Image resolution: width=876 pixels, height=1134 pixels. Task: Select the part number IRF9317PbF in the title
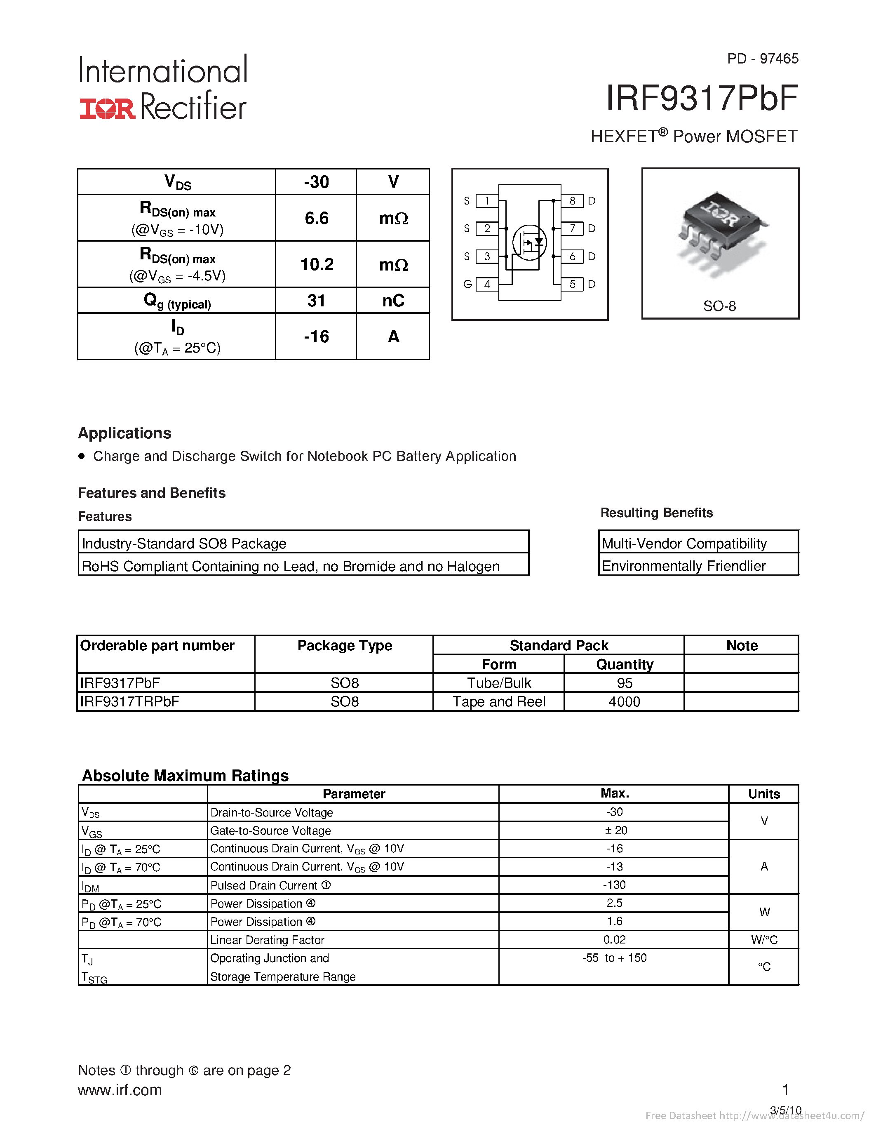pyautogui.click(x=702, y=98)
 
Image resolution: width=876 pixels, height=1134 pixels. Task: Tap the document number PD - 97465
pyautogui.click(x=762, y=59)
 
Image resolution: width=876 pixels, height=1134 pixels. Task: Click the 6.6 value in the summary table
pyautogui.click(x=316, y=218)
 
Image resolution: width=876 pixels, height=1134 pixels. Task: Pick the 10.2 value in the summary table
pyautogui.click(x=317, y=264)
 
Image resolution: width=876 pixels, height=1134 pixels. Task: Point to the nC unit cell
pyautogui.click(x=393, y=301)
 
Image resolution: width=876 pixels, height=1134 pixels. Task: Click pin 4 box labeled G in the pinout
pyautogui.click(x=487, y=284)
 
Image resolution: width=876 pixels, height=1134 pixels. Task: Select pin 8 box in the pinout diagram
pyautogui.click(x=572, y=201)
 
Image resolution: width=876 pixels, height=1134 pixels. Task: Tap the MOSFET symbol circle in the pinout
pyautogui.click(x=529, y=242)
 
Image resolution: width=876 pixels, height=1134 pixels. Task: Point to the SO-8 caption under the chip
pyautogui.click(x=719, y=306)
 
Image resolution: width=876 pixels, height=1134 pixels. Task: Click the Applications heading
pyautogui.click(x=124, y=433)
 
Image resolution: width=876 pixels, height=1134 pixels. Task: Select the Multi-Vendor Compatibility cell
pyautogui.click(x=684, y=543)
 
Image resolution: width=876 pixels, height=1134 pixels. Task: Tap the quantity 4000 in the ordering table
pyautogui.click(x=624, y=701)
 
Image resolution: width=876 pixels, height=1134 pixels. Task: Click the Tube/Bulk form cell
pyautogui.click(x=499, y=683)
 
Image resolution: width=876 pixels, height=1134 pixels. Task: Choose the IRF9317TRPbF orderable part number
pyautogui.click(x=130, y=701)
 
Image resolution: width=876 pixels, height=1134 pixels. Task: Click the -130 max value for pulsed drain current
pyautogui.click(x=615, y=885)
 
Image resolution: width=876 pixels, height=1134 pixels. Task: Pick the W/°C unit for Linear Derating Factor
pyautogui.click(x=764, y=940)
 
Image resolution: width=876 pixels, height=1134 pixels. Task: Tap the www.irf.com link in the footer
pyautogui.click(x=120, y=1090)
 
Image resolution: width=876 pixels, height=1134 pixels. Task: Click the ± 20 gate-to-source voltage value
pyautogui.click(x=615, y=830)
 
